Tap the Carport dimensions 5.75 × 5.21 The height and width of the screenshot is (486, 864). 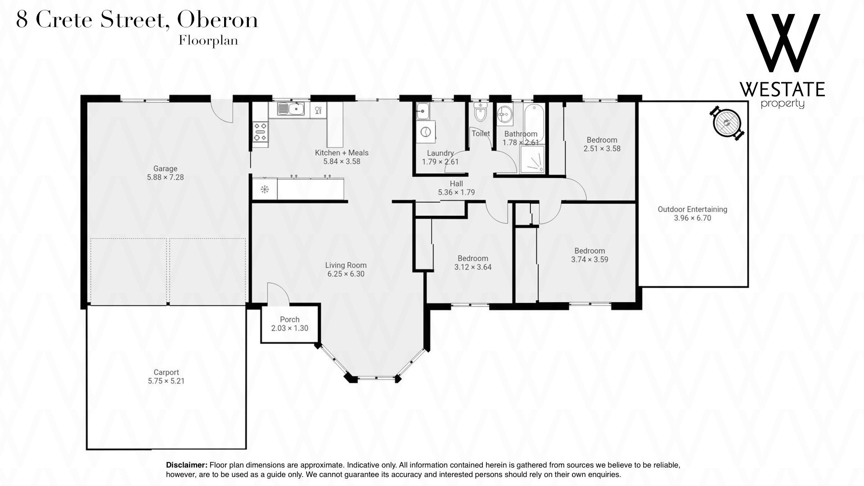coord(166,381)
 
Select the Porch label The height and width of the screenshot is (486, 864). coord(289,320)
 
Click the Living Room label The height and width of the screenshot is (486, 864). coord(346,265)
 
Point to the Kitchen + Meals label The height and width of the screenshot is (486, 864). coord(342,153)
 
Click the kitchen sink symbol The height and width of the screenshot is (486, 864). coord(291,108)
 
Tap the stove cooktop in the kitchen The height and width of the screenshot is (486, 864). coord(260,132)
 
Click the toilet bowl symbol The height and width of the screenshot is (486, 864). coord(481,112)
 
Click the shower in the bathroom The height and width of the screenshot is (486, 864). coord(532,159)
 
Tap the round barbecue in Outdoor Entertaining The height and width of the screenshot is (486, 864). coord(726,122)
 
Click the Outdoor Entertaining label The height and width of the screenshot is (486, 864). coord(692,209)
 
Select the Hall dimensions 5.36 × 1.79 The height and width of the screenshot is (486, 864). coord(456,192)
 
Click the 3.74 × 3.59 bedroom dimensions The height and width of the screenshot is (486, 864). coord(589,259)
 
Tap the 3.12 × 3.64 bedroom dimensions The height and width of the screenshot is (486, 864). coord(472,267)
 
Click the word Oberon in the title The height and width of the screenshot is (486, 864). coord(218,20)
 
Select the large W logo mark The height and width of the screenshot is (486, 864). coord(783,43)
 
